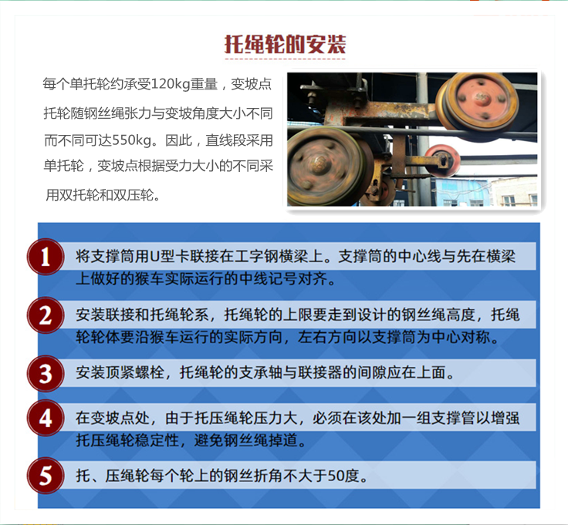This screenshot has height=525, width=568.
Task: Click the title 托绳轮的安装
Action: [285, 44]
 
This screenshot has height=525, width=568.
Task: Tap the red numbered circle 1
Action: [46, 257]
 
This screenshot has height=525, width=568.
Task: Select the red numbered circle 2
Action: [46, 315]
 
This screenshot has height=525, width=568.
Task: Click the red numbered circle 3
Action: [46, 373]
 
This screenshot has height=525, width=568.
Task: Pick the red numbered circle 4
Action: [46, 418]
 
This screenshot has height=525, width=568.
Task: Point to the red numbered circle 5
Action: [46, 476]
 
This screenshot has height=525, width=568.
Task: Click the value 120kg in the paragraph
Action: [171, 84]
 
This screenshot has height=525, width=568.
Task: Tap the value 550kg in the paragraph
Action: [132, 140]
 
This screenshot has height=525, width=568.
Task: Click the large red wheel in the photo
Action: [477, 102]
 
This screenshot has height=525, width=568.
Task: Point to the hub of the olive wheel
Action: [319, 165]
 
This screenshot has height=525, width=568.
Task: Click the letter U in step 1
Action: [154, 257]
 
